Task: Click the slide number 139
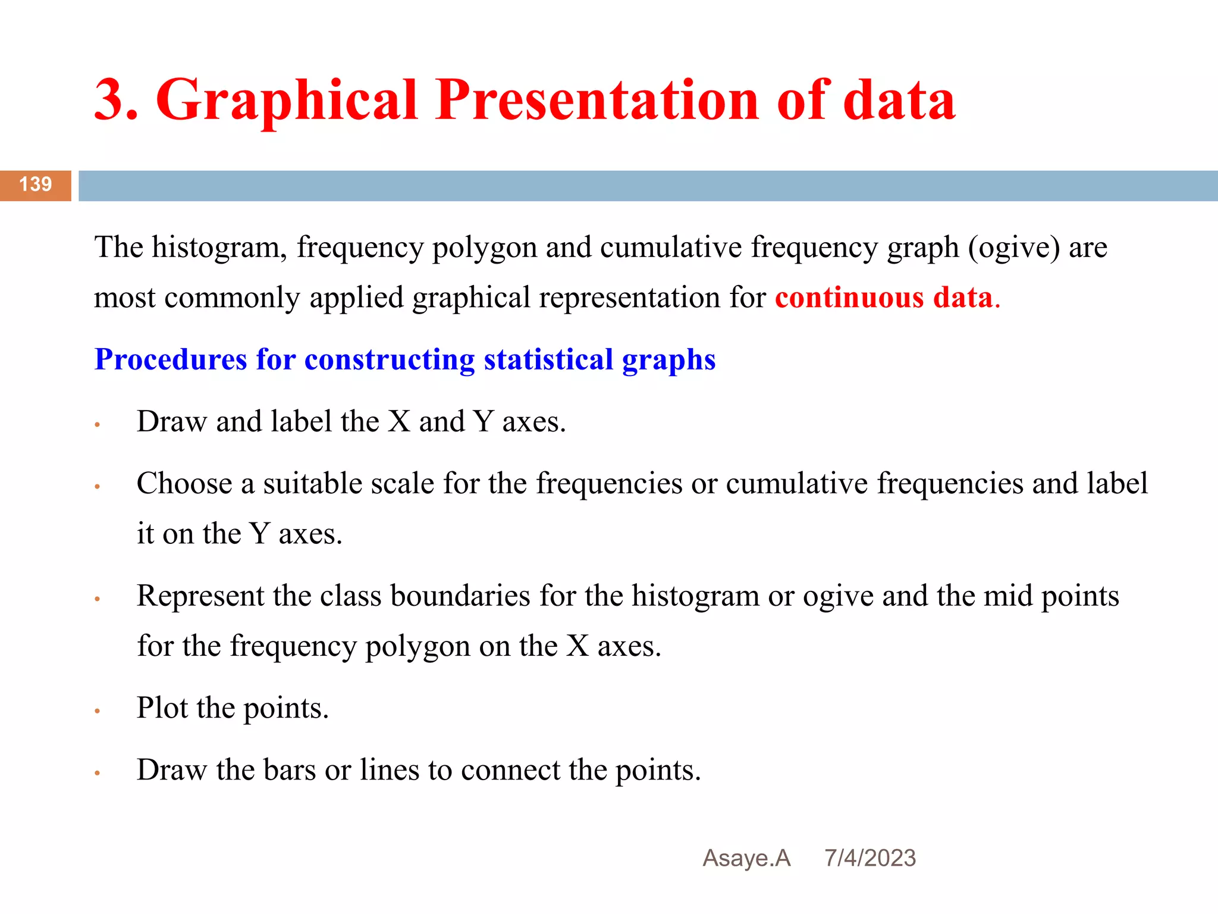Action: tap(36, 184)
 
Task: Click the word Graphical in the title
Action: tap(287, 101)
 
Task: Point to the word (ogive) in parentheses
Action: tap(1013, 248)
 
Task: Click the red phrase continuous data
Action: tap(884, 298)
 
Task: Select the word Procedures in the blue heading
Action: tap(171, 360)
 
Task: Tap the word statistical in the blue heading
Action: tap(548, 359)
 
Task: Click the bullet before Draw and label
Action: tap(97, 425)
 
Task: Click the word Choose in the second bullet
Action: tap(184, 483)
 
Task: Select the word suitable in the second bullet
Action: tap(312, 483)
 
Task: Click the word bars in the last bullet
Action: tap(290, 770)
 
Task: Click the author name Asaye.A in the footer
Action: tap(746, 858)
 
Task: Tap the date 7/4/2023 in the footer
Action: tap(870, 858)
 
